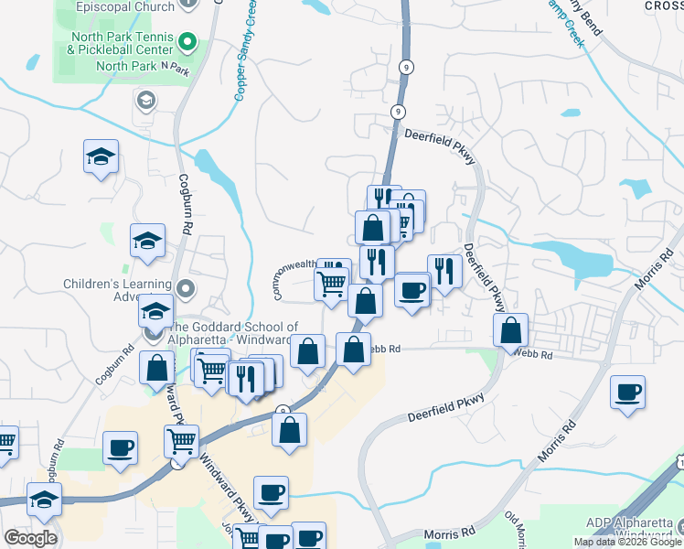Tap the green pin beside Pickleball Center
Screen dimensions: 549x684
click(x=188, y=42)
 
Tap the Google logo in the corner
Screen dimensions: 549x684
click(x=29, y=538)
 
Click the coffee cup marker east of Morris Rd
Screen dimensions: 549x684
click(x=628, y=392)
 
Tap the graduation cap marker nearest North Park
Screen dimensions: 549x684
click(x=102, y=156)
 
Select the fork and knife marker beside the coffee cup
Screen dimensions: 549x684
click(x=444, y=271)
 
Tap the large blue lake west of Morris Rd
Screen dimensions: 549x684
click(x=572, y=260)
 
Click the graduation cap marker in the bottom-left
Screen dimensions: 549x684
click(x=44, y=501)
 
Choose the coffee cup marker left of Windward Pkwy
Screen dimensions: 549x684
click(x=122, y=448)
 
